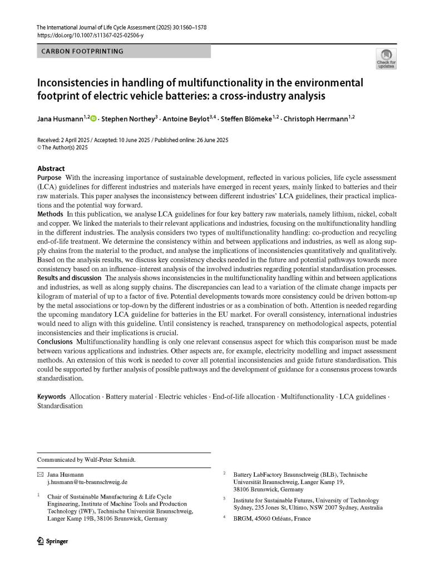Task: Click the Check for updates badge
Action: click(386, 58)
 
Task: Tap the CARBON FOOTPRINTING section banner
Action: click(124, 51)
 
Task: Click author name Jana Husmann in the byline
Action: click(60, 119)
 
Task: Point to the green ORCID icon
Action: click(93, 119)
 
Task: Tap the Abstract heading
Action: click(51, 169)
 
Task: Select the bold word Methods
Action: click(50, 214)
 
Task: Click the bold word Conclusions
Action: click(55, 341)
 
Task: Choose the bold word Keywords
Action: click(52, 397)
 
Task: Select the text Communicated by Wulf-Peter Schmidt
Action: click(86, 460)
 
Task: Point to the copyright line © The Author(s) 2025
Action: click(62, 148)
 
